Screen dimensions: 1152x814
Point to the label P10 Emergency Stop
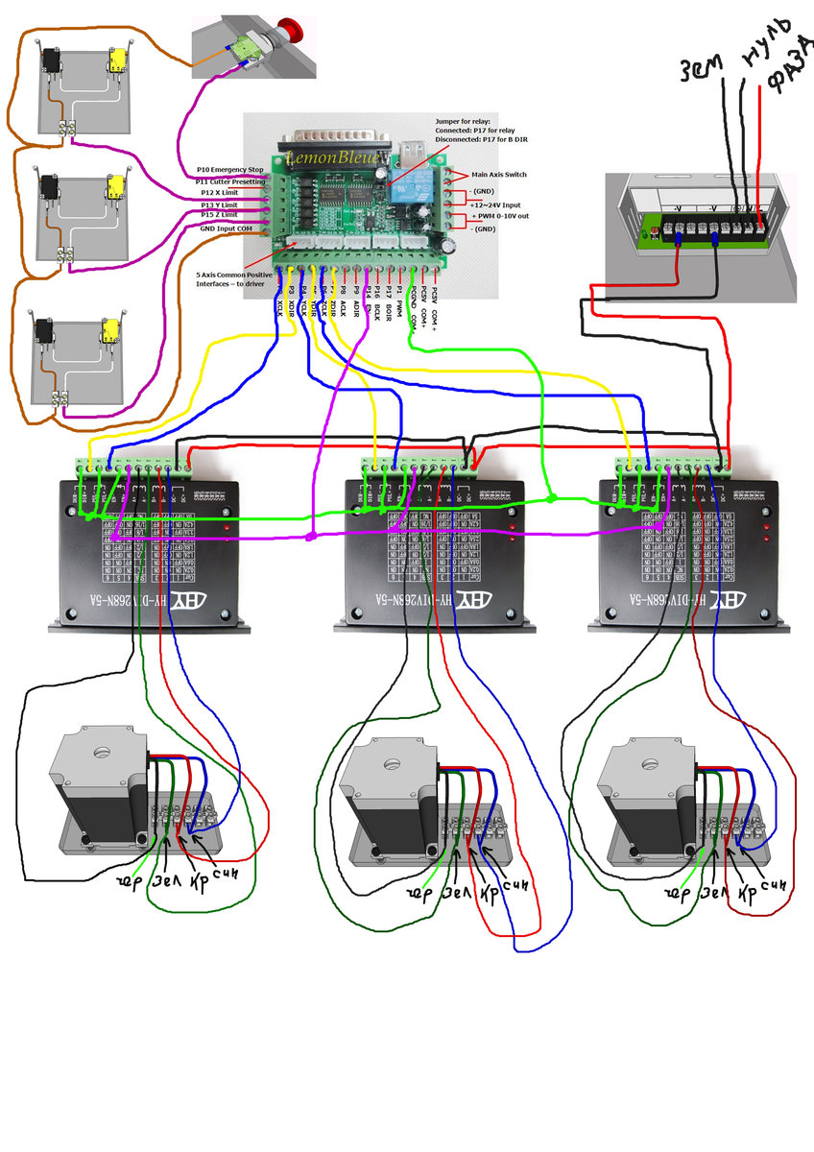click(x=229, y=170)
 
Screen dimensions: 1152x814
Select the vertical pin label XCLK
click(x=279, y=305)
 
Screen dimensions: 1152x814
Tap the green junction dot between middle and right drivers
click(x=550, y=499)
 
